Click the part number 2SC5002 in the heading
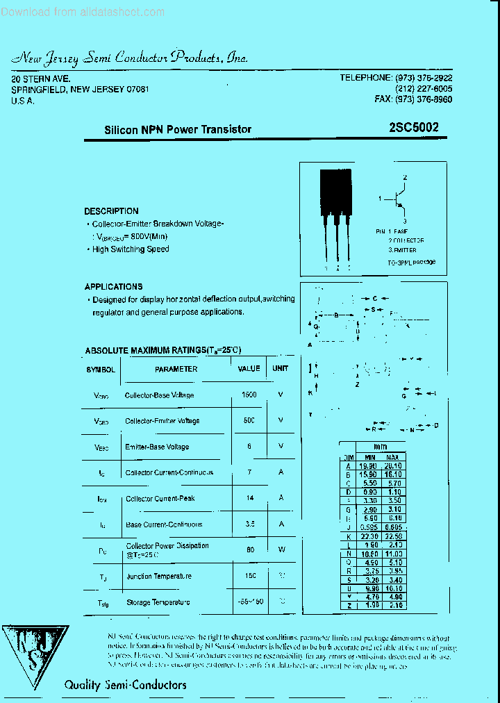(414, 129)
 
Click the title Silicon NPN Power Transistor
(178, 129)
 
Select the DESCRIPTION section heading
(111, 211)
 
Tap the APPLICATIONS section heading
(113, 286)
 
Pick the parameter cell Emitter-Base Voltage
(157, 447)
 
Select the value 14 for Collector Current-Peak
(249, 498)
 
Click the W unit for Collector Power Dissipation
(281, 549)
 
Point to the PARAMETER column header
(176, 369)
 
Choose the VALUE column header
(249, 368)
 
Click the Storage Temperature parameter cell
(158, 602)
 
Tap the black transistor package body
(336, 191)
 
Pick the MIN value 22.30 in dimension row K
(369, 537)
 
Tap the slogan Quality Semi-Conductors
(125, 685)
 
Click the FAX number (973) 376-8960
(413, 99)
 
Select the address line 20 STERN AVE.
(41, 79)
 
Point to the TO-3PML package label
(411, 263)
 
